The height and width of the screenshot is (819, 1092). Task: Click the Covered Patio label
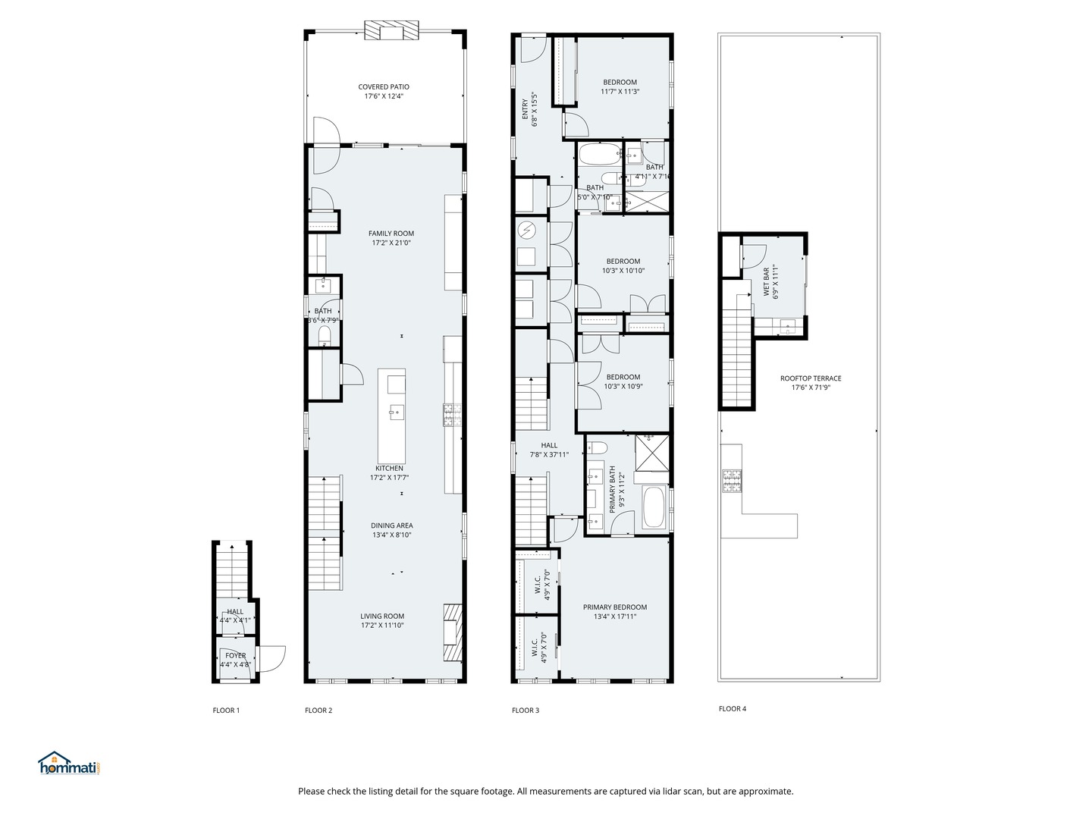click(384, 87)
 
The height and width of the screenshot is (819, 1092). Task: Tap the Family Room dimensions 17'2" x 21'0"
click(391, 243)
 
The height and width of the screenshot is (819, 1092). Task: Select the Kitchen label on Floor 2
click(389, 468)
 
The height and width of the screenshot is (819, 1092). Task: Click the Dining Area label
click(391, 526)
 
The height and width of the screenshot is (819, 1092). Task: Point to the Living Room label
click(382, 617)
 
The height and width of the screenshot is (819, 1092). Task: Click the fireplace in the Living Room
click(453, 633)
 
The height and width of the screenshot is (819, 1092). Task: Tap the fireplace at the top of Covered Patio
click(391, 31)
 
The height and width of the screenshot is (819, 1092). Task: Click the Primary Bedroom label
click(615, 607)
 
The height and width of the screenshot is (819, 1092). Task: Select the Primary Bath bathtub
click(654, 507)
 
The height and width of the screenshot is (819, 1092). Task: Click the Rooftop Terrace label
click(811, 378)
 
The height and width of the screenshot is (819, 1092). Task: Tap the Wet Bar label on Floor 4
click(766, 282)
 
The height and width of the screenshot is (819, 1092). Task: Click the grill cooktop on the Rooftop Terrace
click(732, 481)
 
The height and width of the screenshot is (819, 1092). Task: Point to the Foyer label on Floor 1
click(235, 656)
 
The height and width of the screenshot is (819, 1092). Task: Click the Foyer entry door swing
click(272, 657)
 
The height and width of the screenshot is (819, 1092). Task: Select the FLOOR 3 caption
click(526, 711)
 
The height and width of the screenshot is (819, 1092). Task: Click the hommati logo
click(69, 764)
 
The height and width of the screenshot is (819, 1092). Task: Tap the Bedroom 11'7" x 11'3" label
click(620, 82)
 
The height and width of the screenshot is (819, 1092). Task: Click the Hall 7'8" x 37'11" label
click(549, 446)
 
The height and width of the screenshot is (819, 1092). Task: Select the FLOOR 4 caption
click(733, 709)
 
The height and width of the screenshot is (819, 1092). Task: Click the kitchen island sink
click(396, 413)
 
